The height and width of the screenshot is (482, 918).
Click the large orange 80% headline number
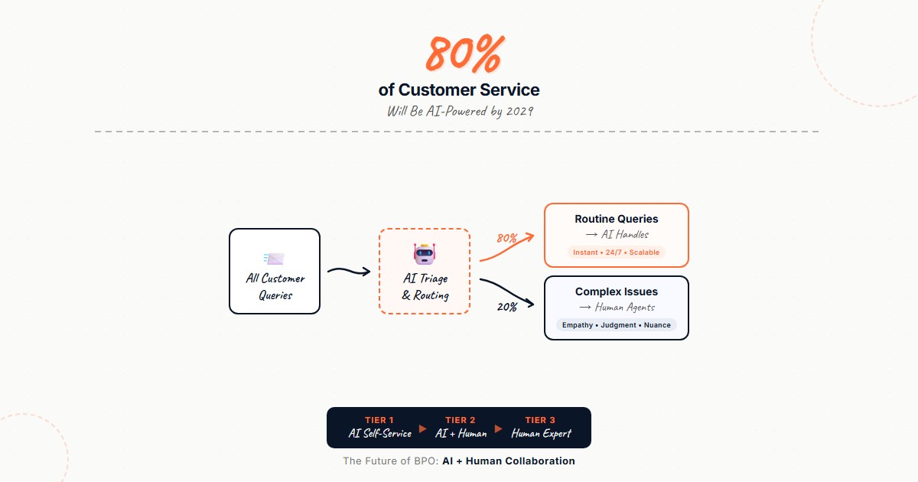(x=464, y=54)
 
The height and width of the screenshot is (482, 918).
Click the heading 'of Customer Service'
(x=459, y=90)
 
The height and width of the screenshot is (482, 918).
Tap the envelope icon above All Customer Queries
(x=274, y=259)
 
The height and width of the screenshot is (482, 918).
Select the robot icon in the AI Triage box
(x=424, y=254)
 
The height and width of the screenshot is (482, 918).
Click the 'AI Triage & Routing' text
(x=425, y=287)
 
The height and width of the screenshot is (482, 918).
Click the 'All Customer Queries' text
(x=275, y=287)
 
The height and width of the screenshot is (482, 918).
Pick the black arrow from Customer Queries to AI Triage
(x=348, y=270)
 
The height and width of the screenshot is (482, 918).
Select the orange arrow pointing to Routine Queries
(x=508, y=248)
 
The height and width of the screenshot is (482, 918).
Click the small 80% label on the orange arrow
(x=506, y=238)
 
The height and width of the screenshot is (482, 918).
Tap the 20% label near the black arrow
(x=506, y=307)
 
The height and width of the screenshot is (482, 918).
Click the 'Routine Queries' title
(x=616, y=220)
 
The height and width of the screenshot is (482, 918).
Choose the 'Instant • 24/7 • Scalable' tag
(x=616, y=252)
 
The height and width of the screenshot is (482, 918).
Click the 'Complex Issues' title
(x=616, y=292)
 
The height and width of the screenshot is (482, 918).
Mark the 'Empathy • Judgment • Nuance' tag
(x=616, y=325)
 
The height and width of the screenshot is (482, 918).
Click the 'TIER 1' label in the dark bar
(x=379, y=420)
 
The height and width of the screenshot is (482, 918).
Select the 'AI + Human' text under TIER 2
(x=461, y=434)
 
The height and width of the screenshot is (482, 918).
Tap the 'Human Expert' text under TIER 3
(x=541, y=434)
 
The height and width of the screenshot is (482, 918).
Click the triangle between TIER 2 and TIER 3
(x=499, y=428)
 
